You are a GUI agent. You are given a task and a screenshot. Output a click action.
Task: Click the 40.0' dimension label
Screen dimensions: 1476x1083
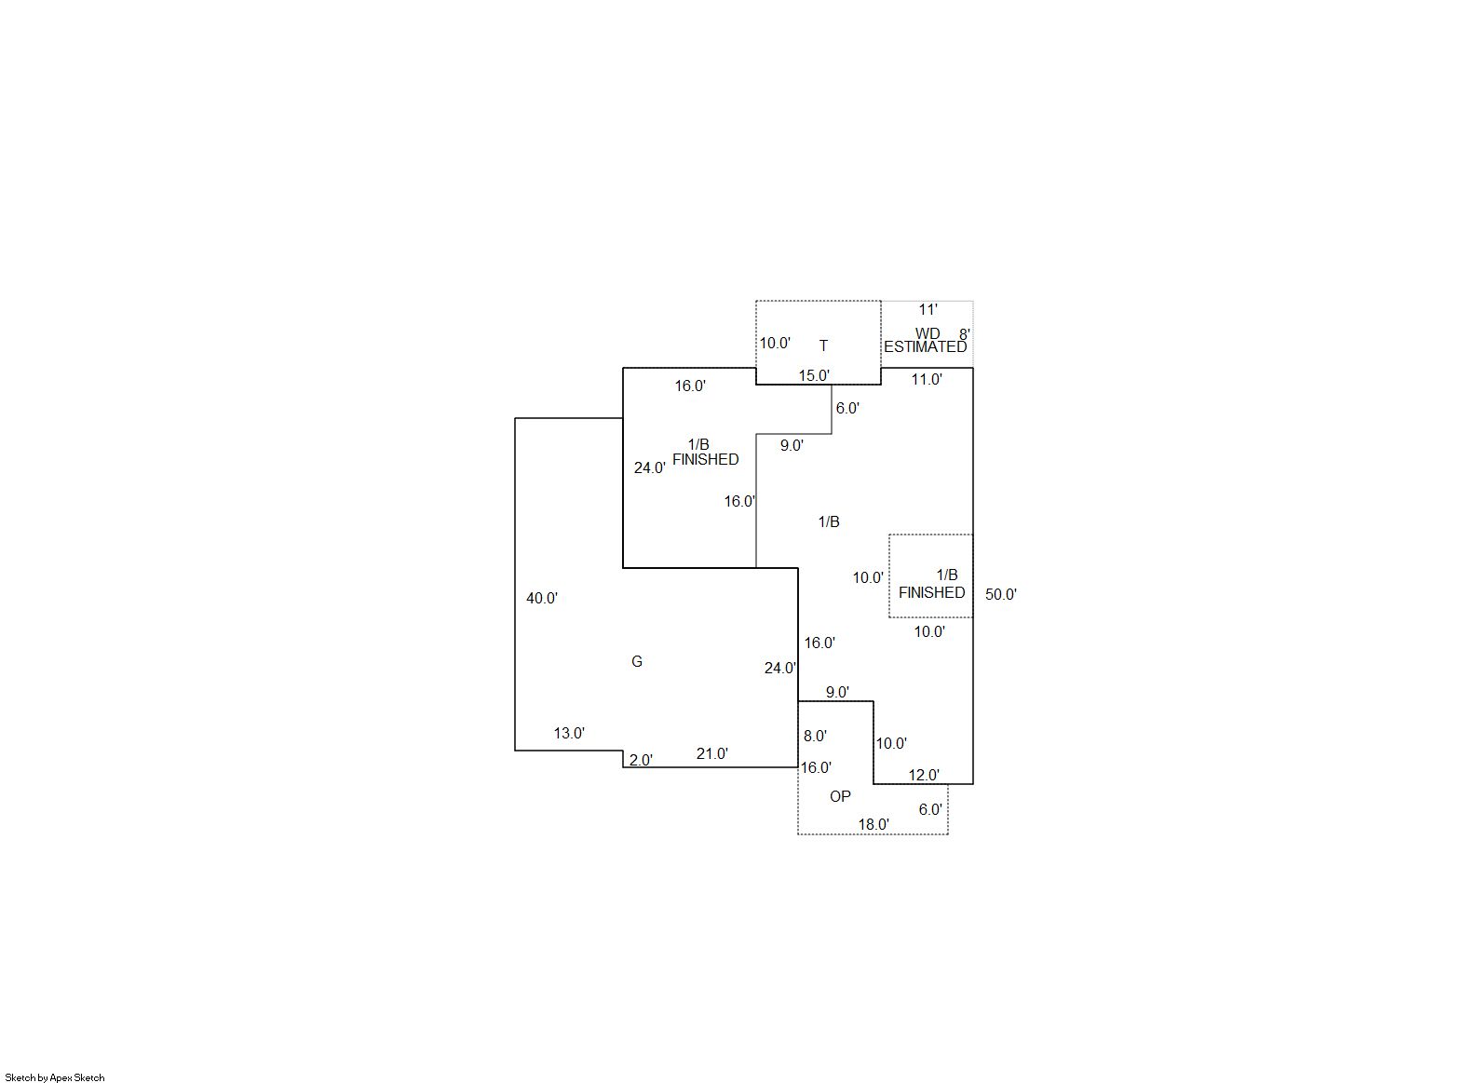pyautogui.click(x=542, y=598)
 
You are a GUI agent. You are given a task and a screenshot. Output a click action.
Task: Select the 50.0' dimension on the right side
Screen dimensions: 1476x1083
pyautogui.click(x=1001, y=594)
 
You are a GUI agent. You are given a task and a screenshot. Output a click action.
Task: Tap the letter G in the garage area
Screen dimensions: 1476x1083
pyautogui.click(x=637, y=661)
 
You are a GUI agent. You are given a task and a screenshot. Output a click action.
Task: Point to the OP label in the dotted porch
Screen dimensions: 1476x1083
pyautogui.click(x=840, y=796)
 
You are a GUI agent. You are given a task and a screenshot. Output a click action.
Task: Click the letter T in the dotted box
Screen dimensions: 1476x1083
pyautogui.click(x=823, y=345)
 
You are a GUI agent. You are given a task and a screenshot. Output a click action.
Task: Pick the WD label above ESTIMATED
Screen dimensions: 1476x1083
pyautogui.click(x=928, y=333)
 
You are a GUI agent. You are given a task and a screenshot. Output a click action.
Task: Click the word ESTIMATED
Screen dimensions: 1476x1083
pyautogui.click(x=925, y=346)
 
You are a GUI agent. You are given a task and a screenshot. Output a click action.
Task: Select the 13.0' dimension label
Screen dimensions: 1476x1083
pyautogui.click(x=569, y=733)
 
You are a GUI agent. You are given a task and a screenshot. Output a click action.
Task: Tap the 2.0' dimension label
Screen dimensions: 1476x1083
pyautogui.click(x=641, y=760)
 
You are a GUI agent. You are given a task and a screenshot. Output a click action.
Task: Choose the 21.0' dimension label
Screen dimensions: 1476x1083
pyautogui.click(x=712, y=753)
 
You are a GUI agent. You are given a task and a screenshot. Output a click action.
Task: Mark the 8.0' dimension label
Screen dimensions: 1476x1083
pyautogui.click(x=815, y=736)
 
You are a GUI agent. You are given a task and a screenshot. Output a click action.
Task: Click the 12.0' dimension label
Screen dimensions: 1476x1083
pyautogui.click(x=924, y=776)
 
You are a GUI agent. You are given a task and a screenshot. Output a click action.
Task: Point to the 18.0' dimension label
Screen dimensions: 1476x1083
pyautogui.click(x=873, y=824)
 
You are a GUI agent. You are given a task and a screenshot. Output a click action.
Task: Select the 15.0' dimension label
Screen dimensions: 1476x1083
pyautogui.click(x=815, y=375)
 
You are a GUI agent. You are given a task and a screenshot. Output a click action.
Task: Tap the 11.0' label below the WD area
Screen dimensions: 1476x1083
pyautogui.click(x=927, y=379)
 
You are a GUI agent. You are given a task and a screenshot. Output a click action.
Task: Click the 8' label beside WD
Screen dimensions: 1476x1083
pyautogui.click(x=964, y=334)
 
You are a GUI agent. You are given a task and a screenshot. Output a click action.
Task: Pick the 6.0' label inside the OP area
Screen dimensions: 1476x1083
pyautogui.click(x=930, y=809)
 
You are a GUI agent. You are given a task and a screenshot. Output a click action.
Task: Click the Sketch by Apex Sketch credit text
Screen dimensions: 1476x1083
pyautogui.click(x=55, y=1077)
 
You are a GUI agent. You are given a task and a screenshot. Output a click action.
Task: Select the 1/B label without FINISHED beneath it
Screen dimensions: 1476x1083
pyautogui.click(x=829, y=521)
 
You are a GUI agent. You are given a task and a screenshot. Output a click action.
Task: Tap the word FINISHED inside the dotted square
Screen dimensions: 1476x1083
pyautogui.click(x=932, y=592)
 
